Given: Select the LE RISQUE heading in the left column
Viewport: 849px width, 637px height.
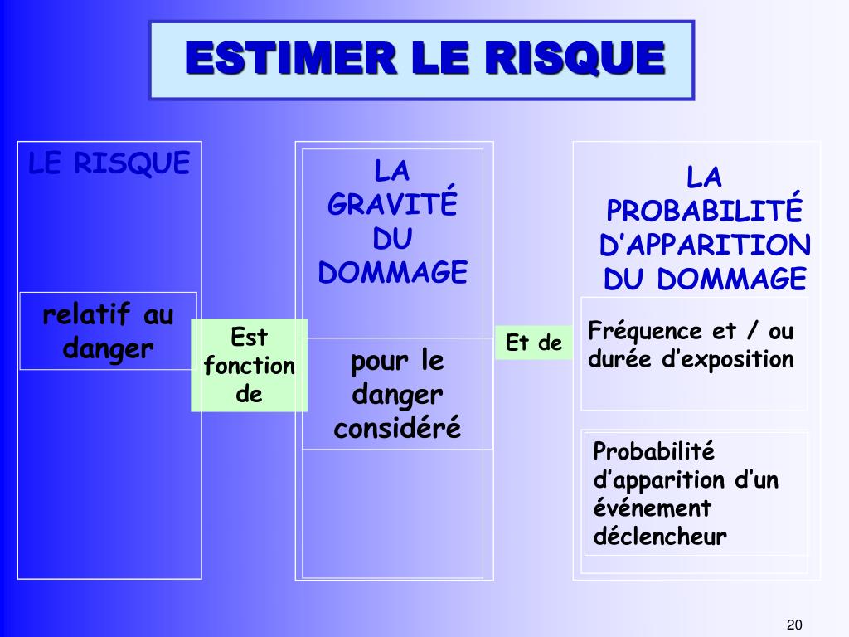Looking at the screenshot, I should tap(109, 163).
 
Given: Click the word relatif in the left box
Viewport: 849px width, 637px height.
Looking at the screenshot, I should tap(87, 316).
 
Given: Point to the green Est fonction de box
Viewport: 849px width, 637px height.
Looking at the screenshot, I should tap(250, 365).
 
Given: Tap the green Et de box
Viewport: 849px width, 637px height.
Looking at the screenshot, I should tap(534, 343).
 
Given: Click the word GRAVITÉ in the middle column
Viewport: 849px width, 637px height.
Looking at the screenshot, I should tap(393, 205).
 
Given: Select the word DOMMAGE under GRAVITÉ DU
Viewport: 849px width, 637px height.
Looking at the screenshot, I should tap(393, 272).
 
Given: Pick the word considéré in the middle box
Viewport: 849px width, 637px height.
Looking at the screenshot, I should tap(396, 429).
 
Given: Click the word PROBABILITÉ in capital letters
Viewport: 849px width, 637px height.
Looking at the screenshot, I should tap(705, 212).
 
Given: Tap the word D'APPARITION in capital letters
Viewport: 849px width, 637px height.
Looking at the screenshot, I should tap(705, 246).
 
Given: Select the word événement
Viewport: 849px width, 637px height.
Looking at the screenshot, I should tap(653, 508).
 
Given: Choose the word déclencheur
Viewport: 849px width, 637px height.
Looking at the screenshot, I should tap(660, 536).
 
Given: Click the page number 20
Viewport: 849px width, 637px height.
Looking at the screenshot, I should tap(795, 625).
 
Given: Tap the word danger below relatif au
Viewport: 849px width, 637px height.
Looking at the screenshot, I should tap(109, 348).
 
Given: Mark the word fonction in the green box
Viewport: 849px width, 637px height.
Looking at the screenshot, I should tap(250, 366).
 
